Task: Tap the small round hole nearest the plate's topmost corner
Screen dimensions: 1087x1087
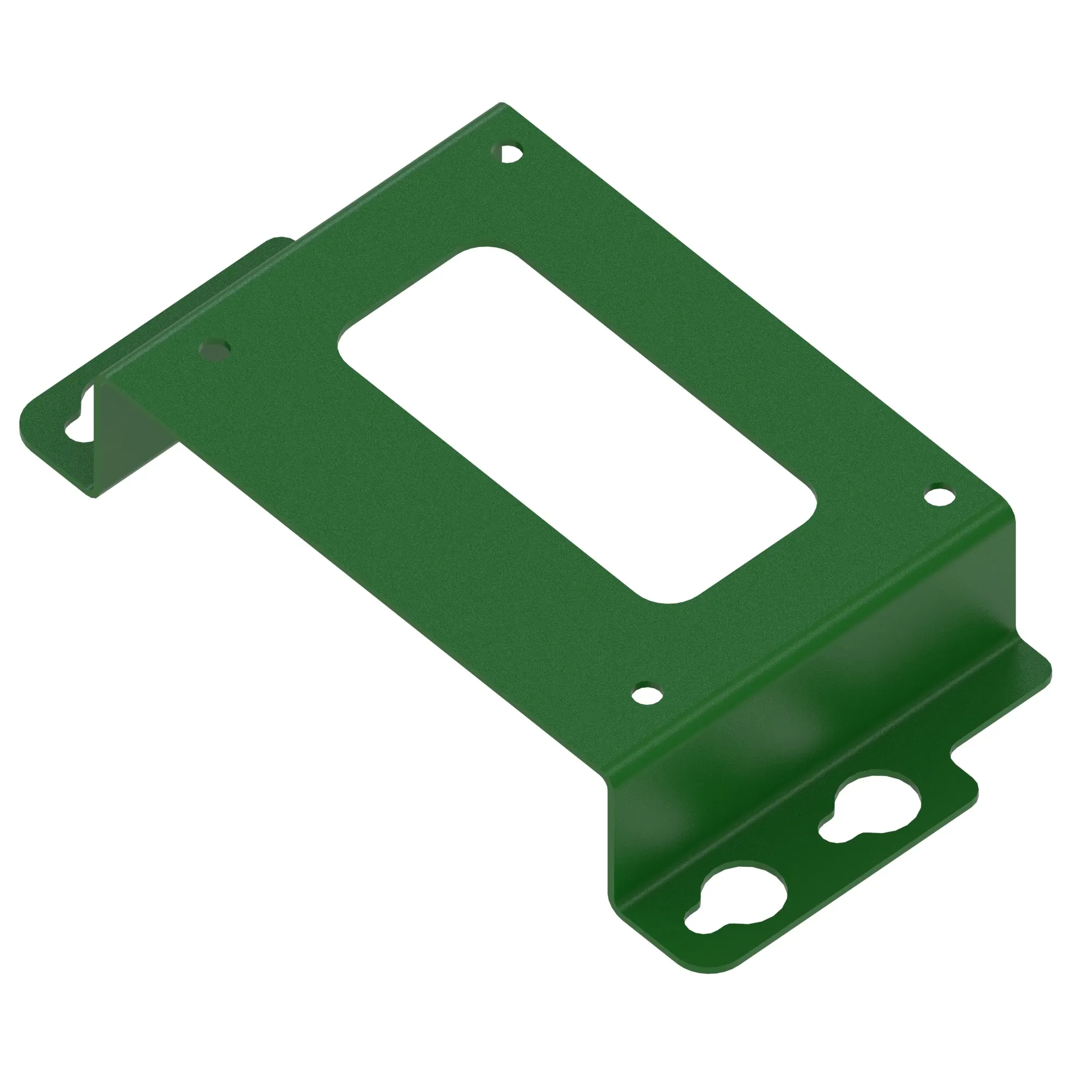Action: pos(510,153)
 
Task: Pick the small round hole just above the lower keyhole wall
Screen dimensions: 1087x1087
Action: pos(647,694)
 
